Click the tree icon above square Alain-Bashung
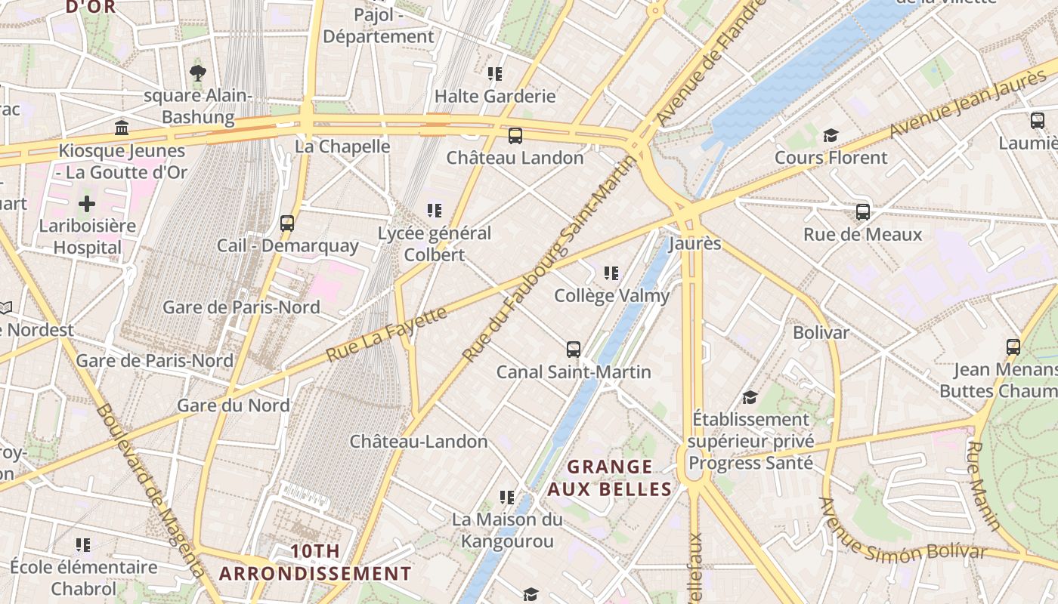click(x=198, y=73)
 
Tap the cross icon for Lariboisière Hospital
click(x=87, y=204)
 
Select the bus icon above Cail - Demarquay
click(x=287, y=223)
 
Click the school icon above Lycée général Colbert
click(x=434, y=211)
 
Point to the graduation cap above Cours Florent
click(x=831, y=136)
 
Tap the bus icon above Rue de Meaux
click(x=862, y=212)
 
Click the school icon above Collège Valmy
click(x=611, y=273)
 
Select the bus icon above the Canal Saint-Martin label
click(x=574, y=350)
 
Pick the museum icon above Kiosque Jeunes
click(x=122, y=128)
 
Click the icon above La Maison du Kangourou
click(x=507, y=498)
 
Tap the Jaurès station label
click(x=695, y=244)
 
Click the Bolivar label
click(x=821, y=332)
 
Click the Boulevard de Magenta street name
click(x=151, y=491)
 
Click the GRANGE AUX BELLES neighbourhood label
click(x=609, y=478)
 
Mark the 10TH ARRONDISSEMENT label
click(x=315, y=562)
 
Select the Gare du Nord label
click(x=234, y=405)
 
